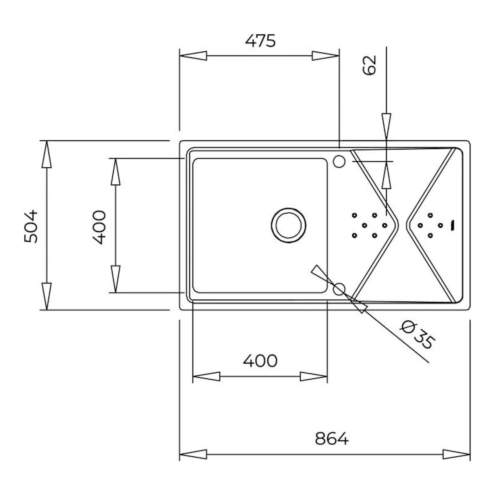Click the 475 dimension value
260,41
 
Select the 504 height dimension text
31,226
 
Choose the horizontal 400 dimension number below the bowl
260,361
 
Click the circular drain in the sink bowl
288,225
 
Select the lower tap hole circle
339,289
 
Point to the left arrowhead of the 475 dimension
193,56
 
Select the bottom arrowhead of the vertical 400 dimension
115,279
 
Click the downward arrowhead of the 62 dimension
386,127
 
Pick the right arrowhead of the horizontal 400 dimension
314,376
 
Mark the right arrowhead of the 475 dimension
326,56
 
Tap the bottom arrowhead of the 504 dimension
47,296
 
